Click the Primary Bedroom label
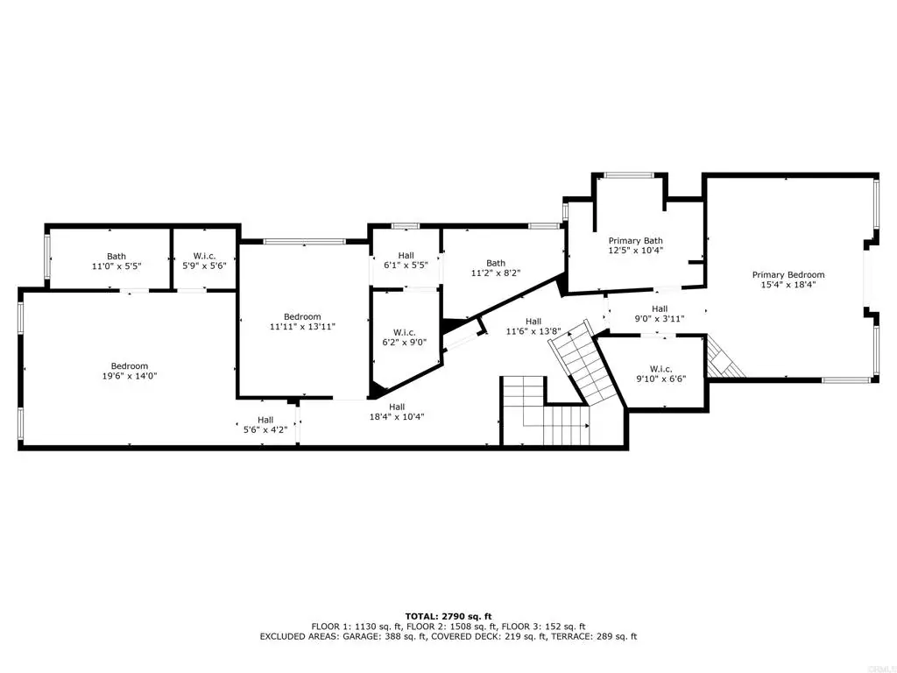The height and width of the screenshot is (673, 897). pyautogui.click(x=788, y=274)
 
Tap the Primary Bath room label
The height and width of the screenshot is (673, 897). pyautogui.click(x=636, y=241)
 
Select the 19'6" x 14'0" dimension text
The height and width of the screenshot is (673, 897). pyautogui.click(x=130, y=376)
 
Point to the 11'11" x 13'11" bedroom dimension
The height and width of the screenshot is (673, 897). pyautogui.click(x=302, y=327)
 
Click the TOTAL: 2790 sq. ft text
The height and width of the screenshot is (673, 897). pyautogui.click(x=448, y=616)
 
